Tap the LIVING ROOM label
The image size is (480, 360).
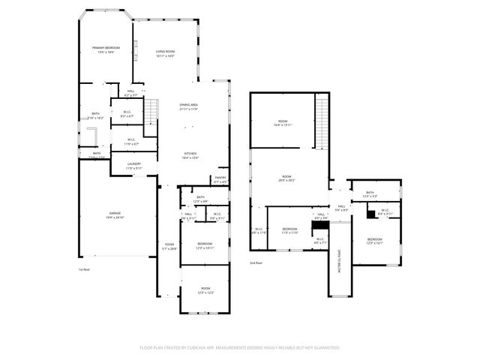coord(165,54)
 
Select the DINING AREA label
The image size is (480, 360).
coord(188,107)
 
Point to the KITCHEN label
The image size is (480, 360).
coord(191,155)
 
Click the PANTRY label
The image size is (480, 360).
coord(220,179)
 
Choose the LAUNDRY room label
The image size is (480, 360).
coord(134,166)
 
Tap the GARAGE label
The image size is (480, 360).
coord(115,214)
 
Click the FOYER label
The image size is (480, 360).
coord(170,246)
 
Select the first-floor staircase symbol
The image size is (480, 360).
coord(151,112)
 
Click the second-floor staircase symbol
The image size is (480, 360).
coord(322,124)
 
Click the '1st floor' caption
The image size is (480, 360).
coord(85,269)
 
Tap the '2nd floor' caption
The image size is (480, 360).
coord(256,262)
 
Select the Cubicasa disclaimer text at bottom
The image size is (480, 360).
coord(239,347)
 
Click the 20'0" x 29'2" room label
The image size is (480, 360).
coord(286,178)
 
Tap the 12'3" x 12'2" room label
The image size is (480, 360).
coord(205,290)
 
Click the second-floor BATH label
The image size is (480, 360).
coord(370,194)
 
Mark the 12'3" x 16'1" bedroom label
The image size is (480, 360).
coord(375,241)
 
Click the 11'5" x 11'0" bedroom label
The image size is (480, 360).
coord(289,230)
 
